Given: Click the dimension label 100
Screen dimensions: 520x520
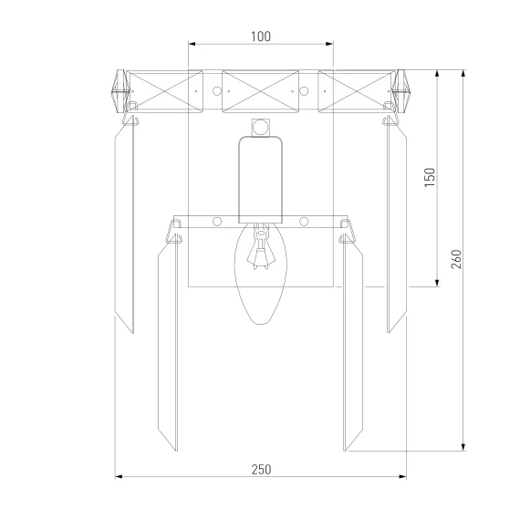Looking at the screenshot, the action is (261, 36).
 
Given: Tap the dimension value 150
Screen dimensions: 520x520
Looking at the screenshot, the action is (430, 177).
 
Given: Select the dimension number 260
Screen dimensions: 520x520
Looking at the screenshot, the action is (456, 259).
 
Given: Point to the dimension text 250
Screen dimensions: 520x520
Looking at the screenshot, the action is (261, 470).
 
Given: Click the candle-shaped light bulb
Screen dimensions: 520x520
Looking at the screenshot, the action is (261, 274).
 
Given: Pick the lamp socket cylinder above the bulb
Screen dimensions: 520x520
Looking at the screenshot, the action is (261, 180).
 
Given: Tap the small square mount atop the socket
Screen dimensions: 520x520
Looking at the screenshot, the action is (260, 128).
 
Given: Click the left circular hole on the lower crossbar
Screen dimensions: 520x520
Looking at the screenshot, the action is (217, 222).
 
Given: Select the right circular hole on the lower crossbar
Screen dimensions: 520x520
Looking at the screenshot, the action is (304, 222).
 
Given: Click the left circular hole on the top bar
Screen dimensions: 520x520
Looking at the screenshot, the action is (217, 91).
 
